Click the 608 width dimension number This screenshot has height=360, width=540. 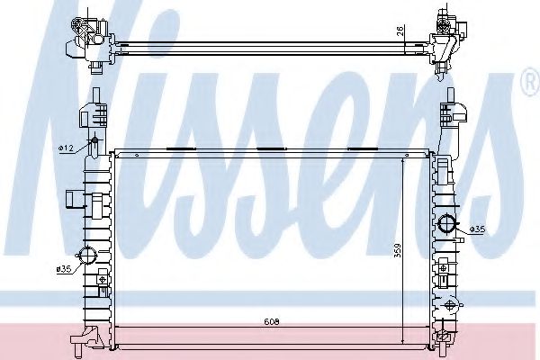272,322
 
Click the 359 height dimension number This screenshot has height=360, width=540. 398,251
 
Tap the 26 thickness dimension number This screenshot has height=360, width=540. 400,31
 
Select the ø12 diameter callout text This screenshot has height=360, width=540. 66,148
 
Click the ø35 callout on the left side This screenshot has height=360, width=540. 64,269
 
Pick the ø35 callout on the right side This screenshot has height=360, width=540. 477,229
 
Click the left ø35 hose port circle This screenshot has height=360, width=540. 87,256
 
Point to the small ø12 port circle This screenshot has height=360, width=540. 94,140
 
